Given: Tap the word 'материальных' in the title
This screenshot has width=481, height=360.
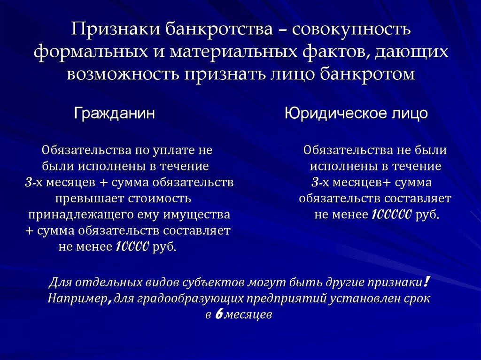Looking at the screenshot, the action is tap(233, 53).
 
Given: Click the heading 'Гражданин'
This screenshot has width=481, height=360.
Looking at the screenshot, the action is tap(115, 114).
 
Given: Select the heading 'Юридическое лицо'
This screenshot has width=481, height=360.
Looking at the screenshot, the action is tap(356, 114).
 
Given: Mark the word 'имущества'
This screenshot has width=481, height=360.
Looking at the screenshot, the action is tap(197, 214).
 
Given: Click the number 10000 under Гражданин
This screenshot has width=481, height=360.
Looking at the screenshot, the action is tap(132, 246).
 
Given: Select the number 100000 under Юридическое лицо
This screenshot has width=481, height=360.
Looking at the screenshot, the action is tap(391, 214).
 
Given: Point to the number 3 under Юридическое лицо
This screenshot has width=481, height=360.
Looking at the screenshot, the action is tap(315, 182).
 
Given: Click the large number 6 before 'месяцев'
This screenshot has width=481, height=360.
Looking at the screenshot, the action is tap(218, 314).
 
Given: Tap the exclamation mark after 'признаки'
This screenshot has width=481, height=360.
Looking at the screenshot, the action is tap(426, 282).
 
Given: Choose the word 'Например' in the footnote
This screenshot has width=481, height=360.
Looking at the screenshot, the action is tap(77, 299).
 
